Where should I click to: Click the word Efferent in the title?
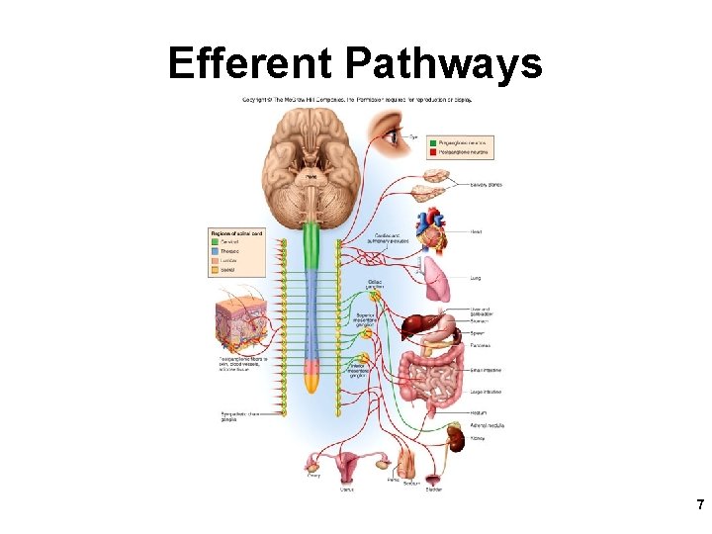point(253,64)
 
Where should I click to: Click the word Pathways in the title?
point(444,64)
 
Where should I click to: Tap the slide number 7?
point(700,504)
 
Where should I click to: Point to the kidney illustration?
point(456,434)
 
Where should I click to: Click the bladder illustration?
point(433,470)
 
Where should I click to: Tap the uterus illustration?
point(347,461)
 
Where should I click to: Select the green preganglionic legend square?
point(433,142)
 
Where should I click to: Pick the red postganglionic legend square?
point(433,152)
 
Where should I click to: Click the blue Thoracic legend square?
point(214,251)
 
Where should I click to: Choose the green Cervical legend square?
point(214,241)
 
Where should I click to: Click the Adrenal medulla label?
point(488,425)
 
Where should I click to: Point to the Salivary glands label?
point(487,184)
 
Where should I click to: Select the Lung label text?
point(475,278)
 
